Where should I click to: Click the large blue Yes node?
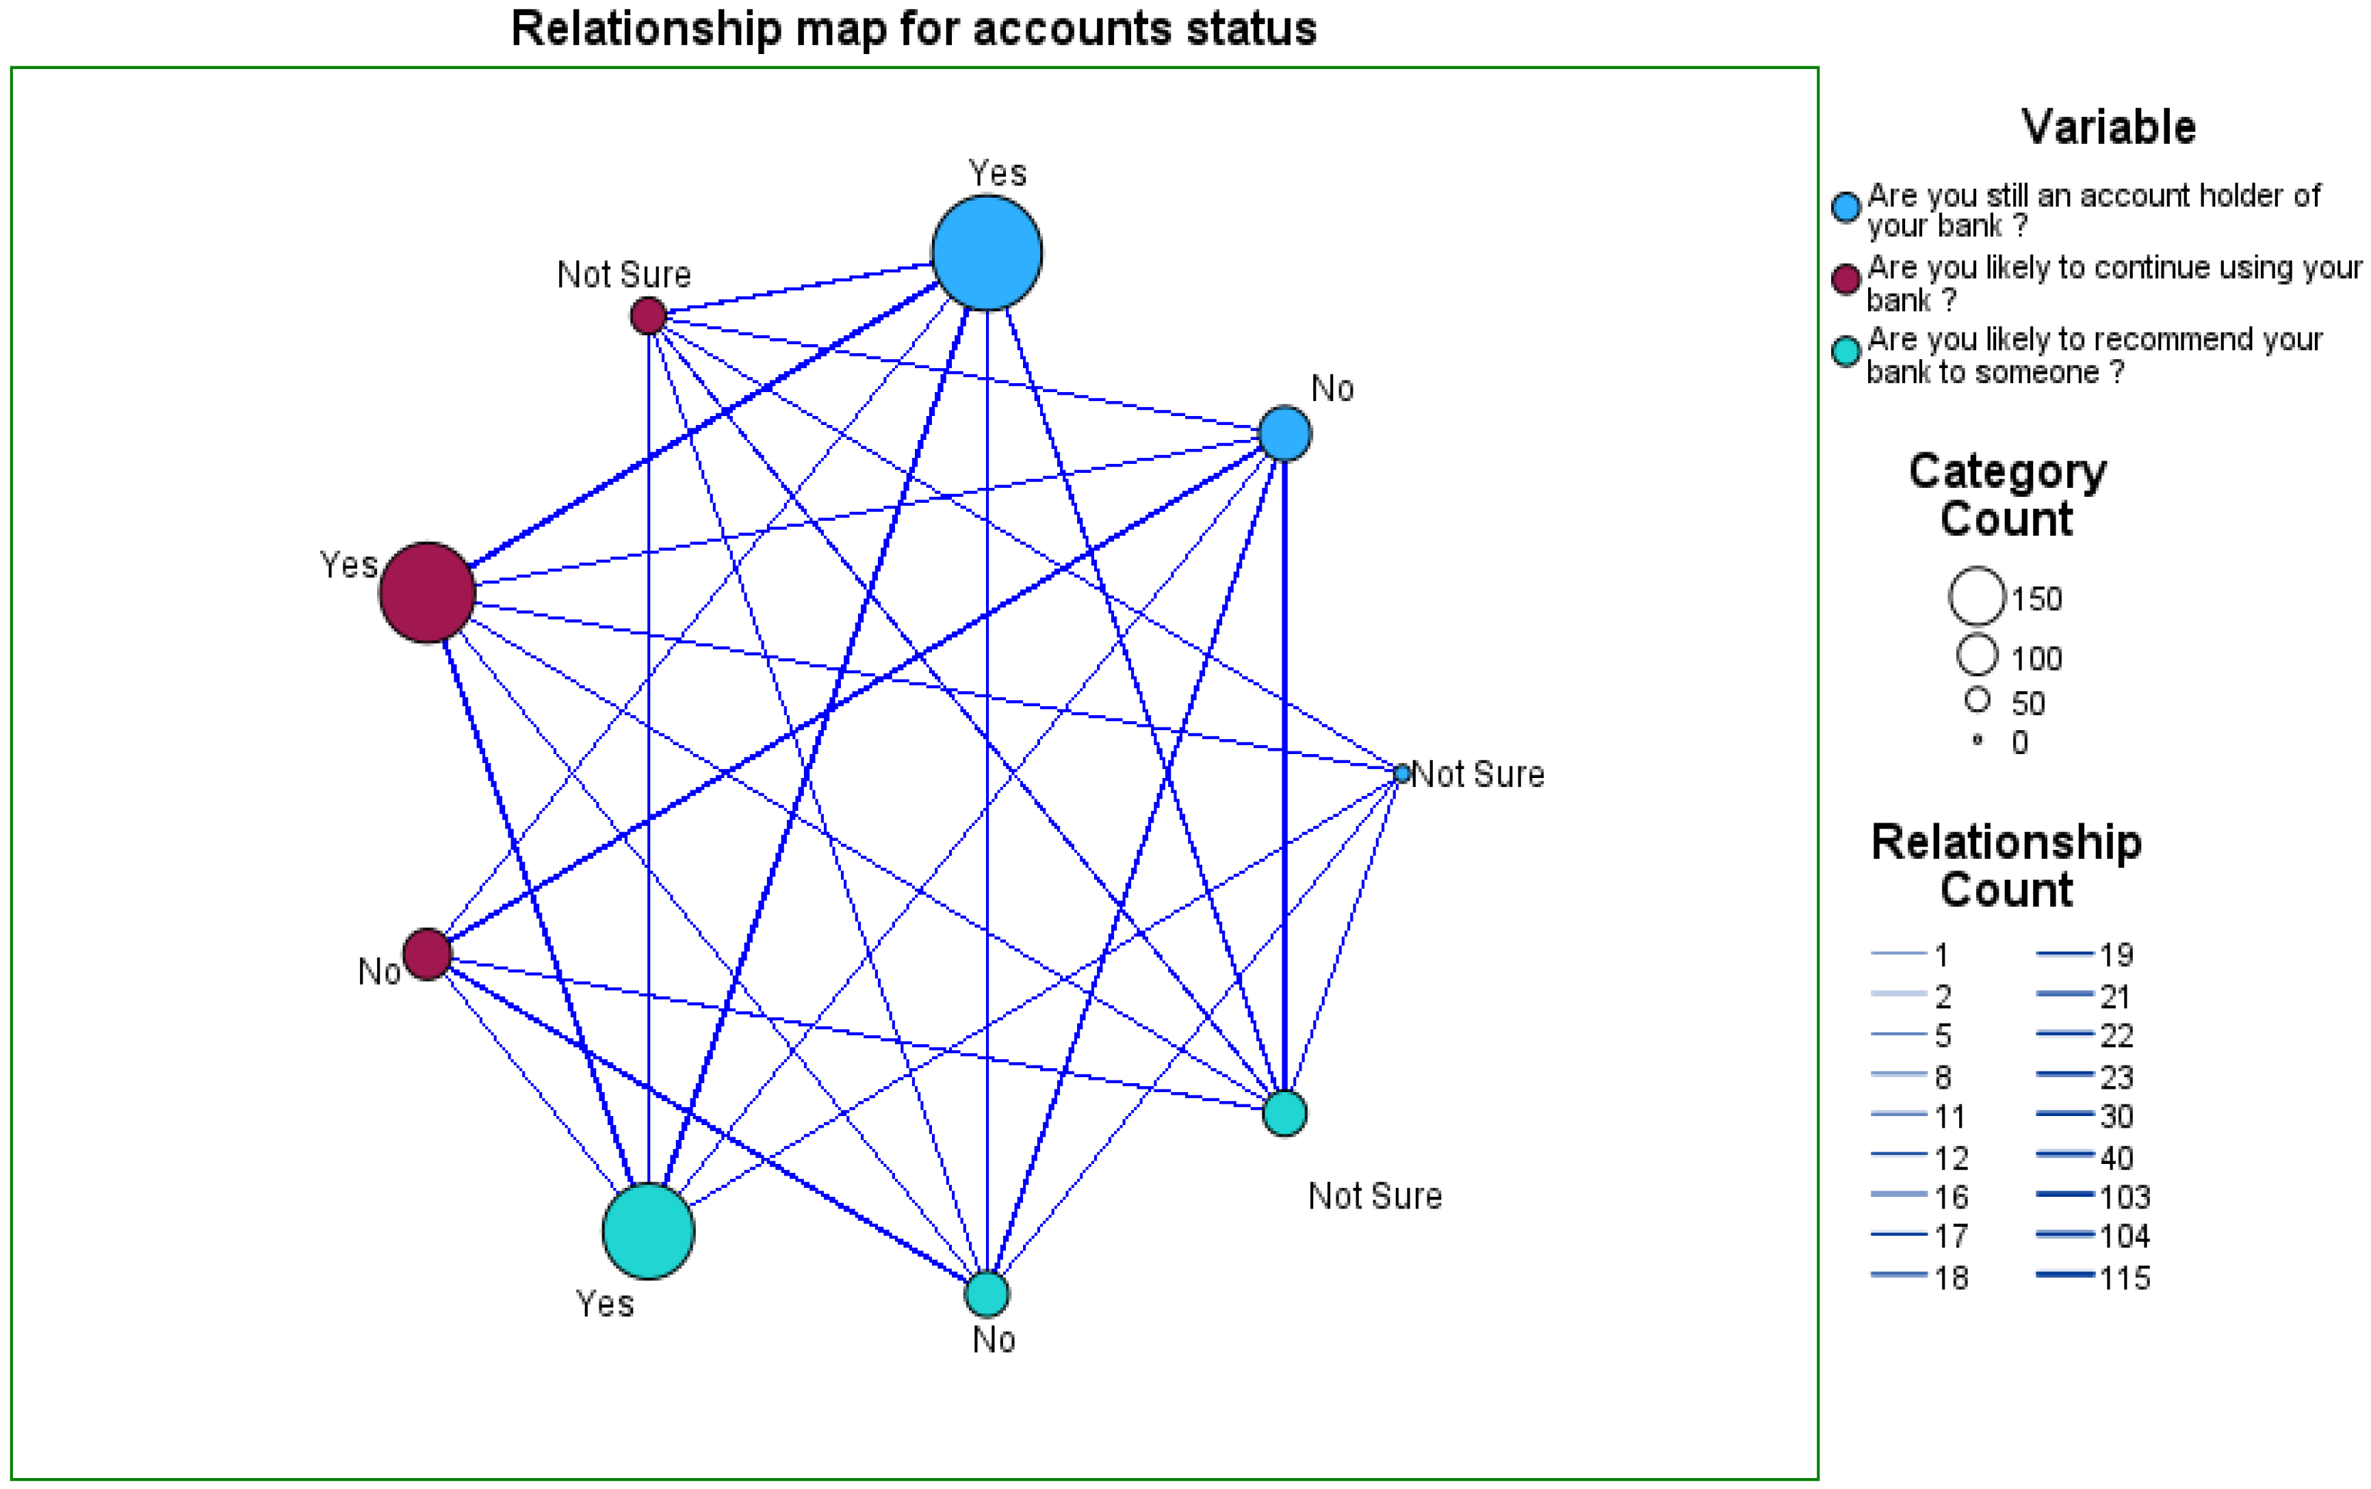click(x=987, y=253)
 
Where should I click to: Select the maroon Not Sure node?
click(x=648, y=316)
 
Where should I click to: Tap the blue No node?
click(x=1285, y=433)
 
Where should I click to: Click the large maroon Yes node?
click(x=428, y=593)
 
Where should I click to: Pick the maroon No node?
click(x=428, y=953)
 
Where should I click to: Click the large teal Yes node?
click(x=648, y=1231)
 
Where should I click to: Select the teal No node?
click(x=987, y=1294)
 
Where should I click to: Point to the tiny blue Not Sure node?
click(x=1402, y=774)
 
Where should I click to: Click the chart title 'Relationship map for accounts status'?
click(x=913, y=29)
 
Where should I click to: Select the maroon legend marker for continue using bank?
click(x=1845, y=280)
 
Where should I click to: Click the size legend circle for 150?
click(x=1976, y=597)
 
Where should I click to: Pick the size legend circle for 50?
click(x=1976, y=700)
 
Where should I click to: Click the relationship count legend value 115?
click(x=2124, y=1278)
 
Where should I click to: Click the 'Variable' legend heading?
click(x=2108, y=128)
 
